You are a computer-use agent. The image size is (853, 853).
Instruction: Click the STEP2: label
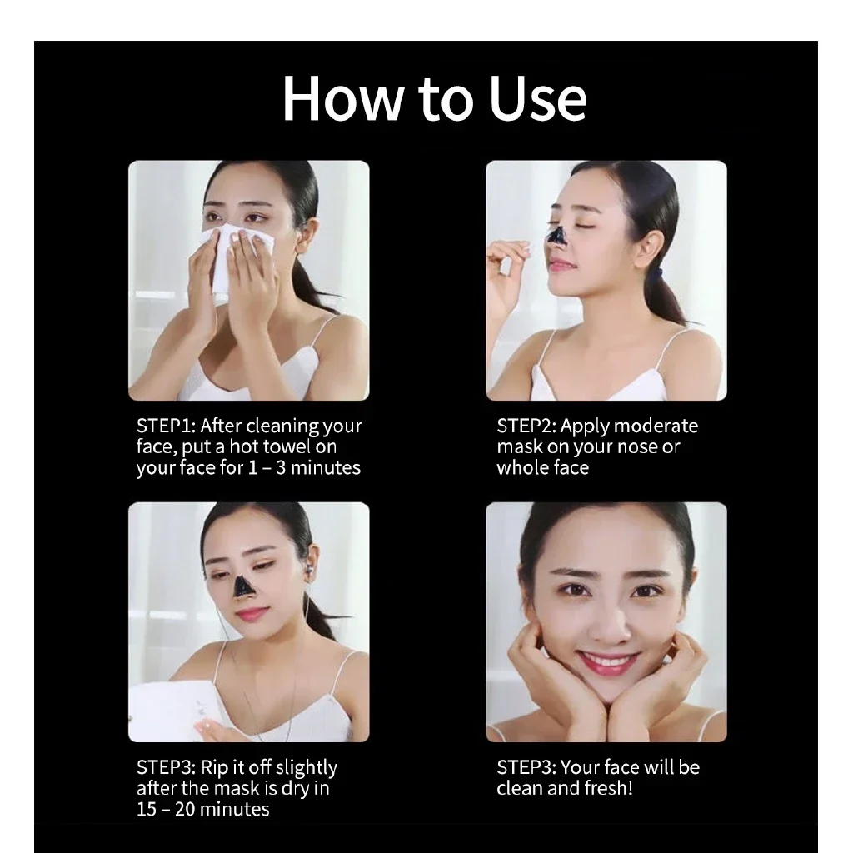tap(526, 426)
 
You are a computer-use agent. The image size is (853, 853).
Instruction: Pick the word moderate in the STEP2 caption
tap(653, 426)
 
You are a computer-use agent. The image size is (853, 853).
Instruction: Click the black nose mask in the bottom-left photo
tap(243, 586)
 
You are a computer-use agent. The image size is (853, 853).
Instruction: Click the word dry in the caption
tap(296, 788)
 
